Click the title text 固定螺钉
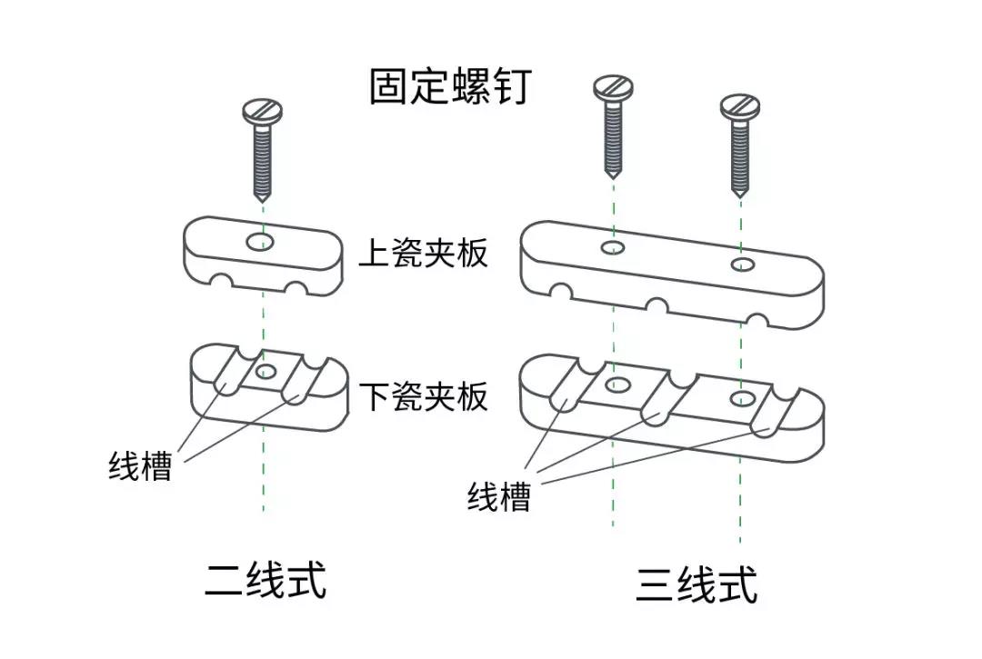tap(450, 85)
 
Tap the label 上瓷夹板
tap(424, 253)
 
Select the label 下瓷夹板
tap(424, 396)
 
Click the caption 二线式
tap(266, 580)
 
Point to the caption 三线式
tap(697, 584)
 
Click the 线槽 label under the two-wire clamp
tap(140, 465)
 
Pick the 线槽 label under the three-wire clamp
tap(499, 497)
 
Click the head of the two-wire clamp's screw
tap(263, 112)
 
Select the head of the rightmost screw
tap(740, 107)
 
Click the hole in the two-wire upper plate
tap(260, 241)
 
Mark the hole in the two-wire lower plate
tap(266, 372)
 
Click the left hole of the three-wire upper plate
tap(613, 247)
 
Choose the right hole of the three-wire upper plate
tap(743, 265)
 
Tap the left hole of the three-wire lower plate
tap(616, 384)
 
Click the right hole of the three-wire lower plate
tap(742, 397)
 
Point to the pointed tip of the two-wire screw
tap(263, 199)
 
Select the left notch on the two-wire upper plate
tap(220, 283)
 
